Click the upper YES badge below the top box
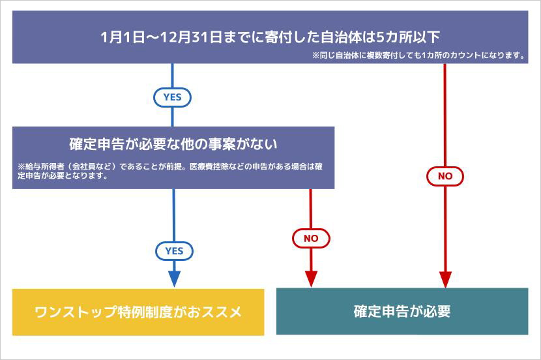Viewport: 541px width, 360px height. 172,97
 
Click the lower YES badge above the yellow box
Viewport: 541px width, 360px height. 174,251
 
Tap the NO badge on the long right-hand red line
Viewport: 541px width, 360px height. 445,176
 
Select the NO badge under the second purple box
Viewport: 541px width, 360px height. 311,239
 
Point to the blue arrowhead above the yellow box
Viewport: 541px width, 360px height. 174,278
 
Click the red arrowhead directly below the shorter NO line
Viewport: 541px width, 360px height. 311,278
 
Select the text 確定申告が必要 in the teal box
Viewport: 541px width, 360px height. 402,311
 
